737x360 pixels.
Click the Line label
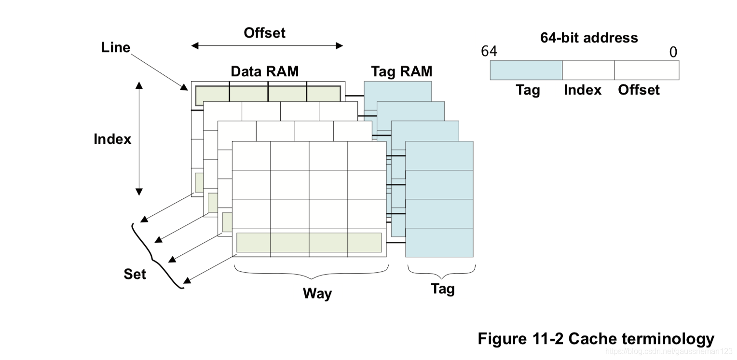(x=116, y=47)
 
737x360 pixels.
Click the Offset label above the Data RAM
(x=264, y=33)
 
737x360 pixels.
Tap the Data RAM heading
(x=265, y=71)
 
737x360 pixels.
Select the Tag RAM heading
(x=401, y=71)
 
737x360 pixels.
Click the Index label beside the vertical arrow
(x=112, y=139)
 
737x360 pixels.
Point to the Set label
(x=135, y=274)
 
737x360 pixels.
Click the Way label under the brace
(x=317, y=293)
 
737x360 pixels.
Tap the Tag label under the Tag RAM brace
(x=442, y=289)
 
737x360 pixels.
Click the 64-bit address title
(x=588, y=38)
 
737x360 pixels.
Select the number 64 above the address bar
(x=489, y=51)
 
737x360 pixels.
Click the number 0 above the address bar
(x=673, y=52)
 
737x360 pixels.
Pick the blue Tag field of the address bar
(x=526, y=70)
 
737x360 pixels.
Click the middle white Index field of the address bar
(x=588, y=70)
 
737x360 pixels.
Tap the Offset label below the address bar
(x=639, y=90)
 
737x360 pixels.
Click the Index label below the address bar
(x=583, y=90)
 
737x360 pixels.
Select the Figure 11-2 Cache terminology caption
(x=596, y=339)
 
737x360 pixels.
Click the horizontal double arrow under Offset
(x=267, y=46)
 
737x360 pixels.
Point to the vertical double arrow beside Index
(x=139, y=138)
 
